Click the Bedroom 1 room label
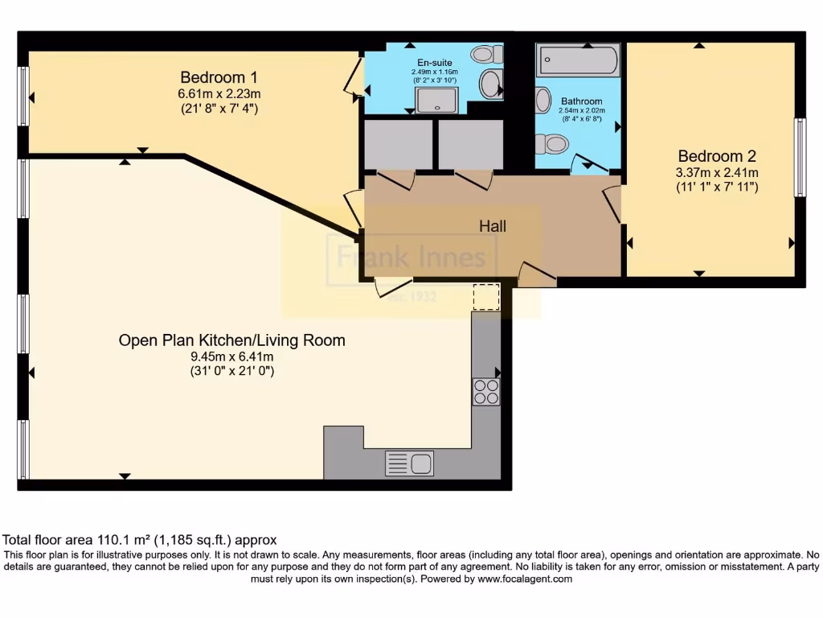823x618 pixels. click(219, 77)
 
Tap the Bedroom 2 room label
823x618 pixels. click(717, 156)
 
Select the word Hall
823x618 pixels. click(493, 227)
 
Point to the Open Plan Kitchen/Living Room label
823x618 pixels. click(231, 340)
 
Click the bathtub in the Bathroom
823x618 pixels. click(579, 60)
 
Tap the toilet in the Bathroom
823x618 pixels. click(553, 144)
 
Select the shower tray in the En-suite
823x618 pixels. click(436, 100)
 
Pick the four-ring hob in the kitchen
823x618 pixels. click(486, 391)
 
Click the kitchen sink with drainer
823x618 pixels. click(409, 463)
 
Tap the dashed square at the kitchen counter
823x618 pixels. click(485, 296)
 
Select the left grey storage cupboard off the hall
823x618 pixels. click(399, 145)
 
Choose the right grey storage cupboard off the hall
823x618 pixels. click(470, 145)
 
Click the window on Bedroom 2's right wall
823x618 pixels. click(800, 158)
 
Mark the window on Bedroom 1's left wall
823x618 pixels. click(23, 97)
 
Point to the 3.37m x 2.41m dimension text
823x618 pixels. click(718, 172)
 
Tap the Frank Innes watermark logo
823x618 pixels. click(411, 257)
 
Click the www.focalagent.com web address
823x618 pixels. click(525, 579)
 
